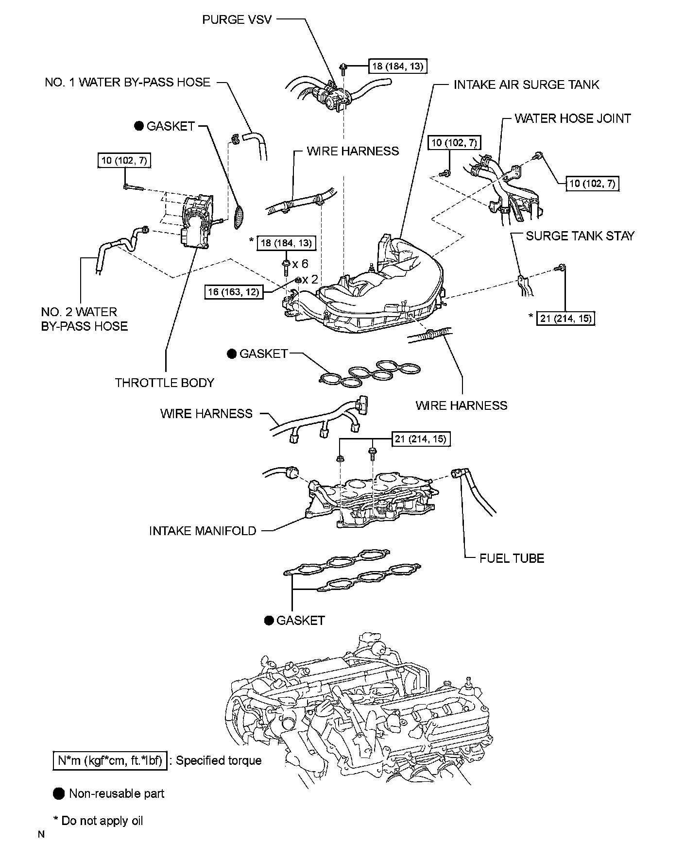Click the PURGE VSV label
pos(237,20)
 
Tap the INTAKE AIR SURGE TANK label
pos(526,84)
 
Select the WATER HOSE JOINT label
pos(573,118)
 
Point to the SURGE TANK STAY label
pos(580,236)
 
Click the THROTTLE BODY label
pos(164,383)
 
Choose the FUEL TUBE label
pos(512,558)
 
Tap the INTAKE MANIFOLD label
pos(203,531)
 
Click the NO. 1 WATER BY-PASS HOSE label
pos(128,82)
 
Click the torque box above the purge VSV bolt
pos(398,66)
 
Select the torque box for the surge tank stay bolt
pos(566,318)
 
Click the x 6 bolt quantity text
pos(300,264)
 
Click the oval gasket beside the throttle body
pos(239,216)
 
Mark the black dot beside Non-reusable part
pos(59,793)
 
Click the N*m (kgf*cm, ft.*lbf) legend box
pos(110,760)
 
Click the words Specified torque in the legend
pos(219,760)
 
